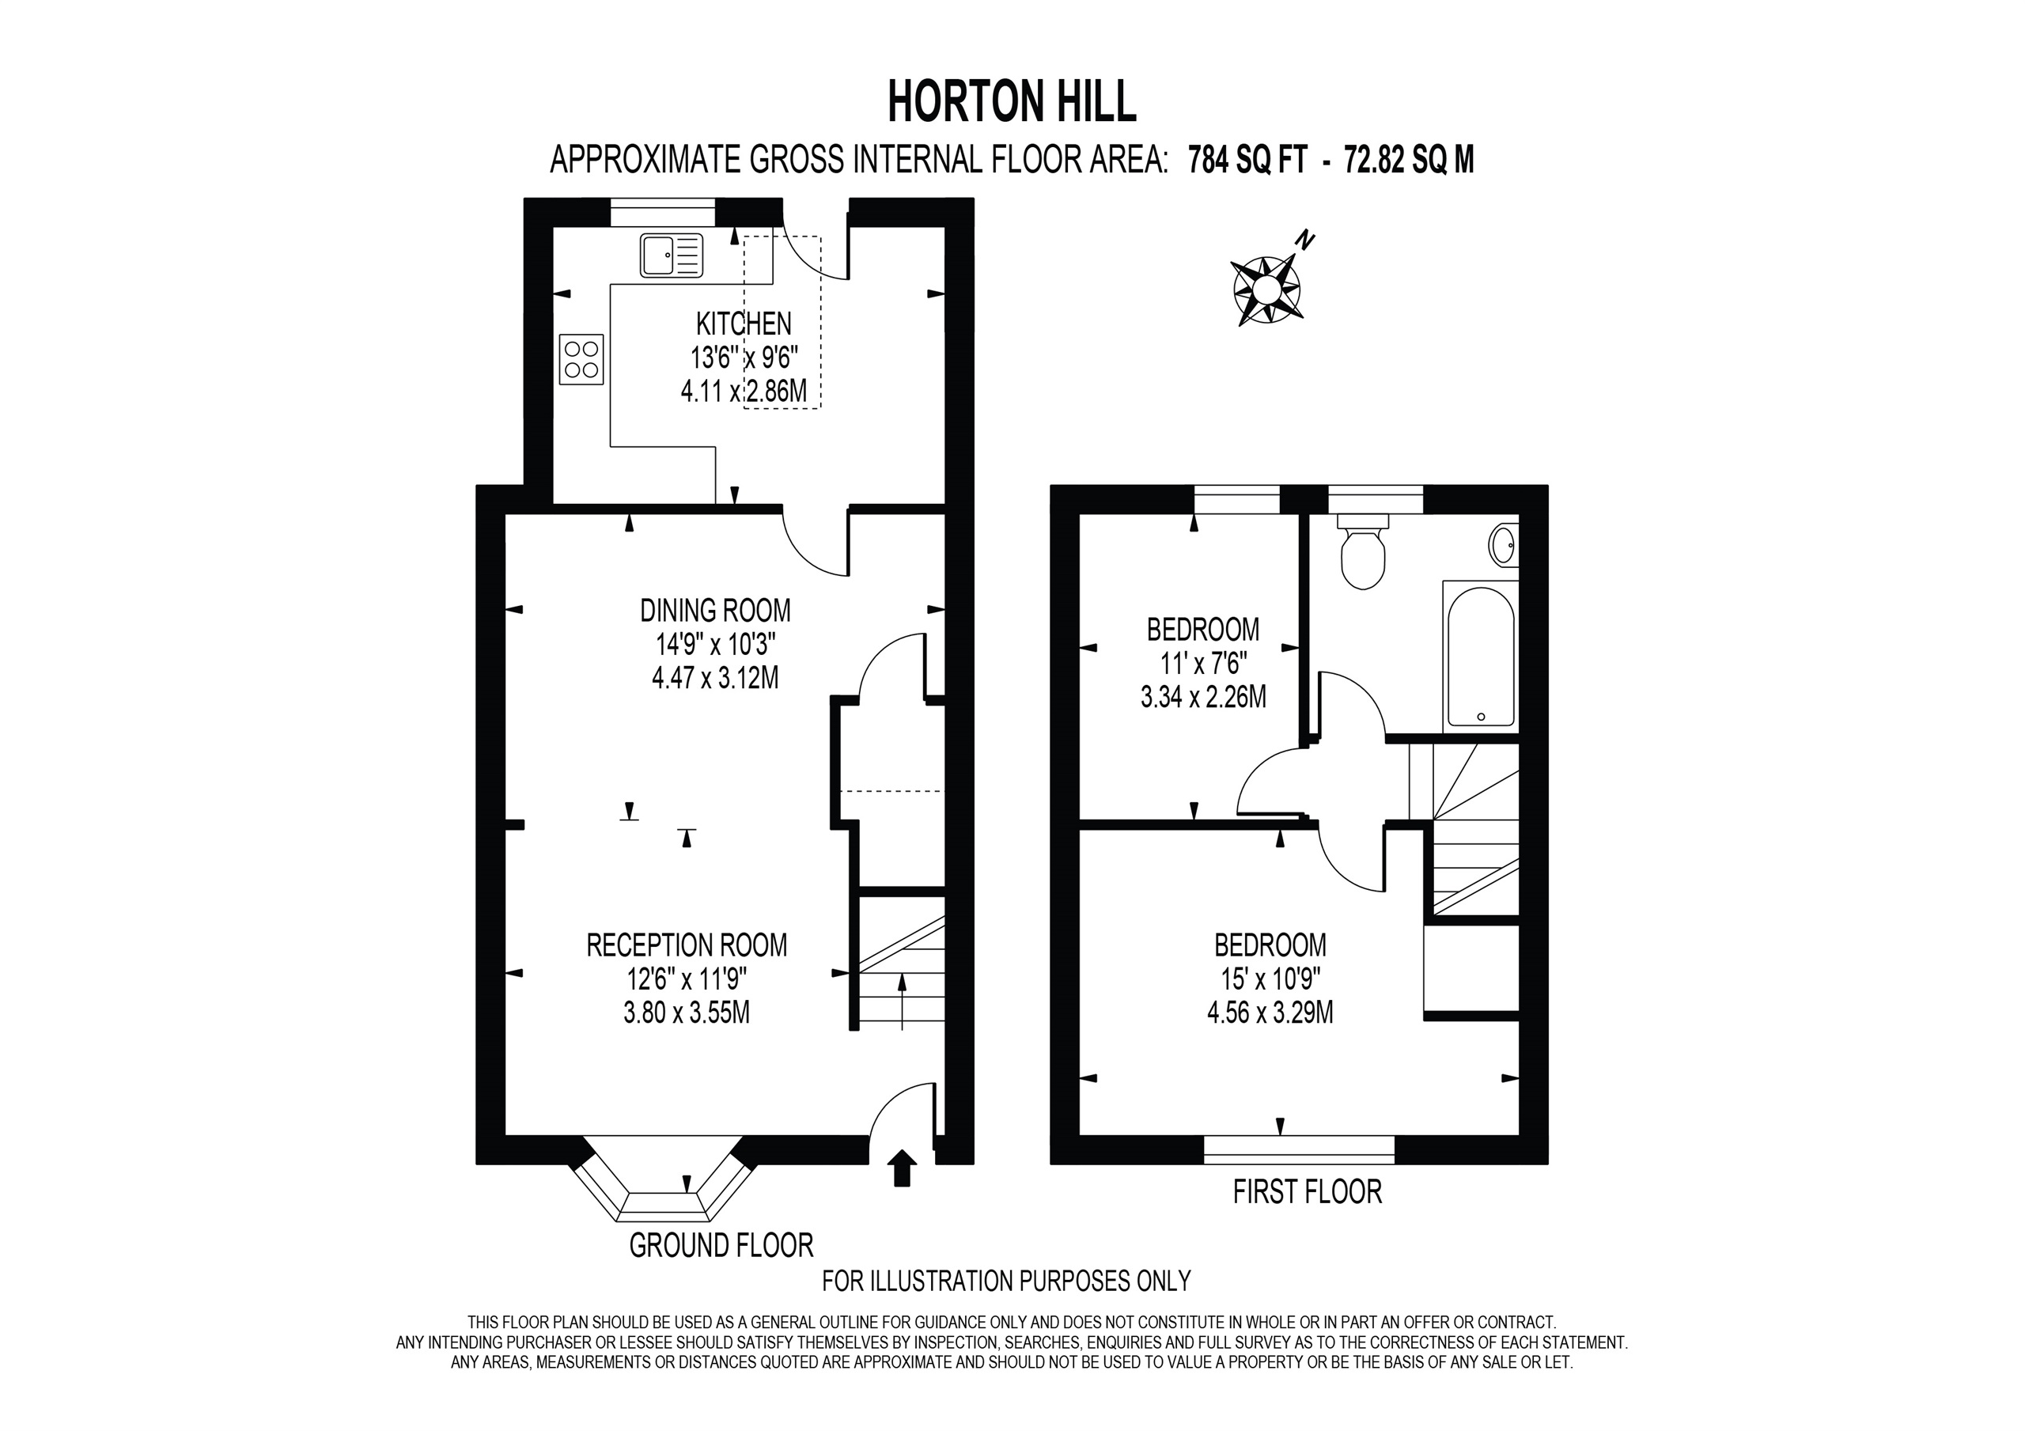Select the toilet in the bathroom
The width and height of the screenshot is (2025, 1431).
pyautogui.click(x=1362, y=554)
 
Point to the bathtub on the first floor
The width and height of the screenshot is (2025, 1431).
pyautogui.click(x=1481, y=655)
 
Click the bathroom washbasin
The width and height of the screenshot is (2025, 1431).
pyautogui.click(x=1504, y=545)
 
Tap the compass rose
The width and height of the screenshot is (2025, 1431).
pyautogui.click(x=1266, y=289)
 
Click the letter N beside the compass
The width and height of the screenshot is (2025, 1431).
pyautogui.click(x=1305, y=239)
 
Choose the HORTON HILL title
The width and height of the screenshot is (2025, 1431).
pyautogui.click(x=1012, y=101)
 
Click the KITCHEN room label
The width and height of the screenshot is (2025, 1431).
pyautogui.click(x=744, y=324)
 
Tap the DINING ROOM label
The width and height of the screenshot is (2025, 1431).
pyautogui.click(x=715, y=610)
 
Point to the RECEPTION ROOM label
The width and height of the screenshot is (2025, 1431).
pyautogui.click(x=686, y=945)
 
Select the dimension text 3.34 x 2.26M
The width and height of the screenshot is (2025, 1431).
pyautogui.click(x=1203, y=697)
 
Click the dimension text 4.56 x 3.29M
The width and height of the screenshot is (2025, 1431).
pyautogui.click(x=1270, y=1012)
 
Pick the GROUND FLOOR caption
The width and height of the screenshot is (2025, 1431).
pyautogui.click(x=721, y=1245)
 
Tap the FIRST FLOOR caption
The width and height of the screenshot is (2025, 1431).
pyautogui.click(x=1307, y=1192)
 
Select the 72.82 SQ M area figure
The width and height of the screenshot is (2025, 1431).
pyautogui.click(x=1409, y=161)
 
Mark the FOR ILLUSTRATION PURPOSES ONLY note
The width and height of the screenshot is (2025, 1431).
pyautogui.click(x=1006, y=1280)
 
